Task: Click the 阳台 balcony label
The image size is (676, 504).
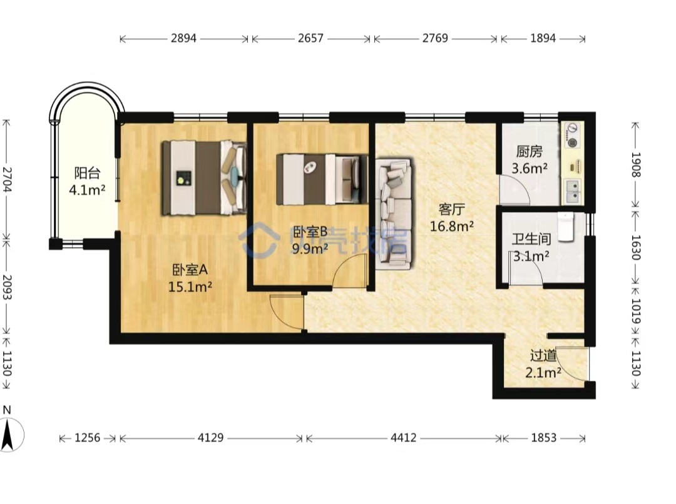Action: pos(87,173)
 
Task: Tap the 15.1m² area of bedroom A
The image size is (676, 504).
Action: pos(190,286)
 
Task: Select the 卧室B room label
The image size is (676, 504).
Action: pos(310,232)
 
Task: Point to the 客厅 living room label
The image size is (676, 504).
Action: pos(452,209)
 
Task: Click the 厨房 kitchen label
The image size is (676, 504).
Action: pos(530,151)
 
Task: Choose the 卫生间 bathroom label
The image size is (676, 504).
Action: pos(531,239)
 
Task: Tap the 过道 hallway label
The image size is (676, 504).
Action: pos(543,356)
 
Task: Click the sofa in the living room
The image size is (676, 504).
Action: pos(394,214)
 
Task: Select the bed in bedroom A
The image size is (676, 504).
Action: pos(204,178)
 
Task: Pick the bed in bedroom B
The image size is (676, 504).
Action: pos(322,179)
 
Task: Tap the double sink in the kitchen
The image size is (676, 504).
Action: pos(573,192)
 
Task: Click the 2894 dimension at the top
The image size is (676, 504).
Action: pos(183,38)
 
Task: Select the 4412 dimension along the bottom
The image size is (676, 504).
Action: pos(404,438)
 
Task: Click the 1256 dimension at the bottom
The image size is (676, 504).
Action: pos(87,438)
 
